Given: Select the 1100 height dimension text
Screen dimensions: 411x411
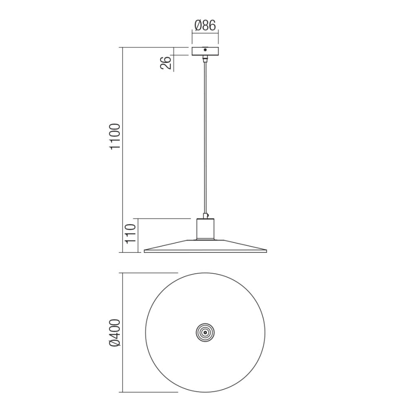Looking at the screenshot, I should coord(116,137).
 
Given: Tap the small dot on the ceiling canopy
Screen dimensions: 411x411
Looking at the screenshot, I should coord(205,49).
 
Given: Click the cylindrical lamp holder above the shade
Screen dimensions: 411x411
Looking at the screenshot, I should coord(205,229).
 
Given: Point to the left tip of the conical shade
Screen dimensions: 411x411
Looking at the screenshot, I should coord(144,250).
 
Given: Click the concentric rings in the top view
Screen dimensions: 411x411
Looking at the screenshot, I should coord(205,333).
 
